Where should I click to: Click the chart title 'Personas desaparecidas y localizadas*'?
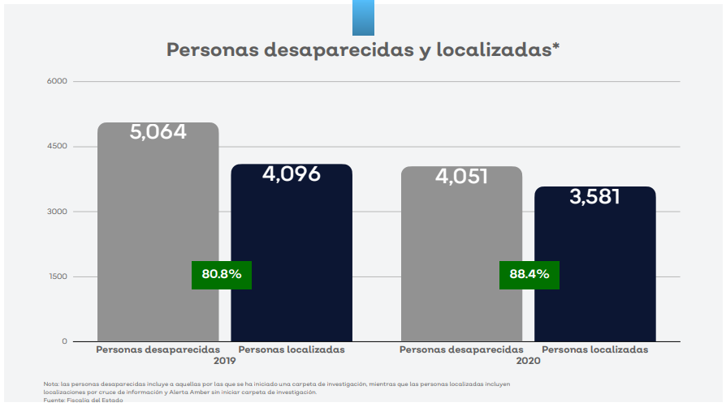363,49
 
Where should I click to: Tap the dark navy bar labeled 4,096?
292,259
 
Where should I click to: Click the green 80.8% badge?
222,274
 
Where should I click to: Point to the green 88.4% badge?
529,274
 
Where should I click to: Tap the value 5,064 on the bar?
158,131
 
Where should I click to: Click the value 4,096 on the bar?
292,174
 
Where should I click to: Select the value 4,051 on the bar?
461,176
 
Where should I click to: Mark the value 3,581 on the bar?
594,196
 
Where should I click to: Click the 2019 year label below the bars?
225,360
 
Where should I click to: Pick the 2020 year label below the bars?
528,360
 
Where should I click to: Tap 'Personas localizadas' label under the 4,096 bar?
292,349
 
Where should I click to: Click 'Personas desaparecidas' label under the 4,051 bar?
461,349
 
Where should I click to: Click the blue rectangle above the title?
363,18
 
